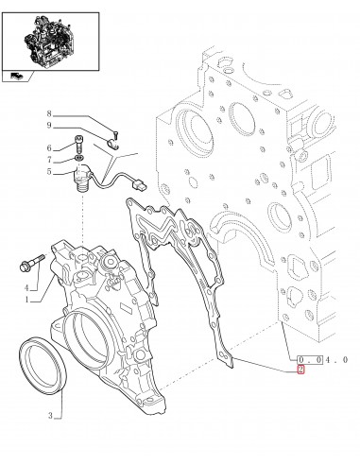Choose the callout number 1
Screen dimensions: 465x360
(28, 300)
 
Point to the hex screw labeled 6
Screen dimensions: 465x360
(79, 147)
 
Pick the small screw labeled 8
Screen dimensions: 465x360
(112, 130)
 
